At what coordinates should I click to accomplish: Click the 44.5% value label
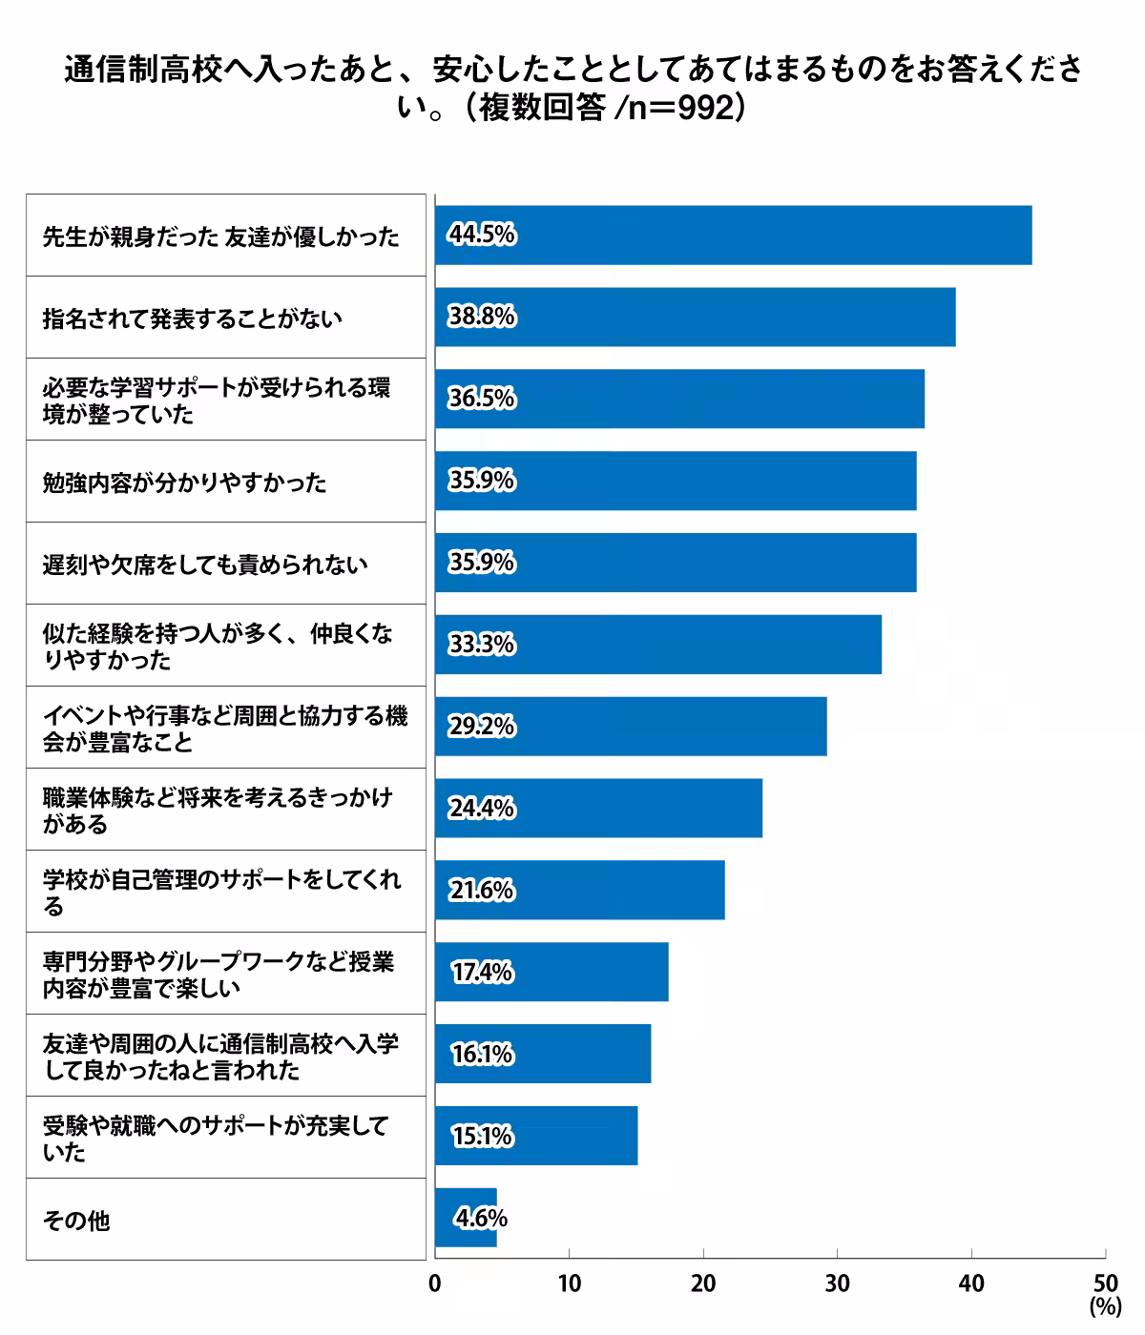(x=482, y=235)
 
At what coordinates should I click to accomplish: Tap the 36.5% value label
(x=482, y=399)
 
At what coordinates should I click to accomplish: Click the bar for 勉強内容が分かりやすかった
(x=676, y=482)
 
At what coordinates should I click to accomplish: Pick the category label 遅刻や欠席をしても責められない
(x=205, y=565)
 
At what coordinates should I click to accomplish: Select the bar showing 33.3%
(x=657, y=645)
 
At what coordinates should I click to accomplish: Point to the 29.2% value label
(x=482, y=727)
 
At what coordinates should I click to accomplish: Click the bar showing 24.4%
(x=598, y=809)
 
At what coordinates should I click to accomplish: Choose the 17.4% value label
(x=482, y=973)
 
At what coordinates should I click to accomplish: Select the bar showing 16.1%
(x=542, y=1055)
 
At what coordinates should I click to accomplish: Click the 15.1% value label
(x=482, y=1137)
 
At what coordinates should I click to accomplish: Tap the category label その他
(x=76, y=1221)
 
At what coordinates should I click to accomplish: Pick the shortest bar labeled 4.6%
(x=466, y=1219)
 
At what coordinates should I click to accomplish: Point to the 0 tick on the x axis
(x=435, y=1284)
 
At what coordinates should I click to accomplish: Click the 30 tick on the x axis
(x=838, y=1284)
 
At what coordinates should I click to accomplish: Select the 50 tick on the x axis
(x=1105, y=1284)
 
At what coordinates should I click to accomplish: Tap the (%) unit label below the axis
(x=1105, y=1307)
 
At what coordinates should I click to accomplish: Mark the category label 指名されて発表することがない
(x=192, y=318)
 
